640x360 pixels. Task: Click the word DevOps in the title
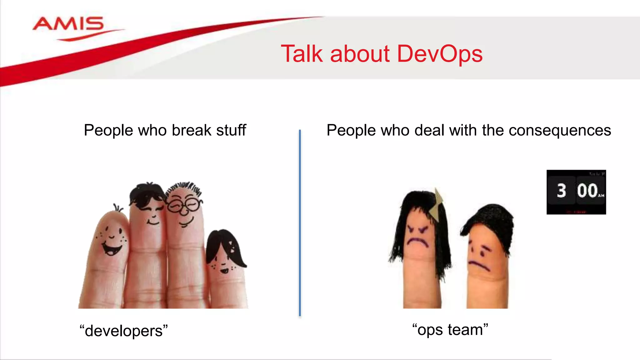[x=440, y=54]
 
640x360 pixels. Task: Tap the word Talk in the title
[x=302, y=54]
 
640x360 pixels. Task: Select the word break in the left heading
[x=192, y=130]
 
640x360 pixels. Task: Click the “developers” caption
[x=123, y=331]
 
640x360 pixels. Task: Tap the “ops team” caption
[x=450, y=330]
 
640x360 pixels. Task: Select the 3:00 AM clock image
[x=576, y=192]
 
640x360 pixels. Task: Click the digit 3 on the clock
[x=561, y=191]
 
